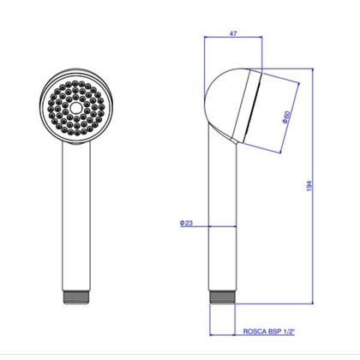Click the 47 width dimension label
coord(233,33)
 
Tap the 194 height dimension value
coord(309,186)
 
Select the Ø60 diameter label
coord(286,117)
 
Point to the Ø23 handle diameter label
coord(187,223)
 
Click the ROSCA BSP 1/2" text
coord(268,332)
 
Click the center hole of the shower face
coord(75,108)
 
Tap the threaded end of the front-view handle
coord(76,297)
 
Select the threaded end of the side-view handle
coord(222,297)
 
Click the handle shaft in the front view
coord(76,216)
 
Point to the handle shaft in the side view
coord(223,217)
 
